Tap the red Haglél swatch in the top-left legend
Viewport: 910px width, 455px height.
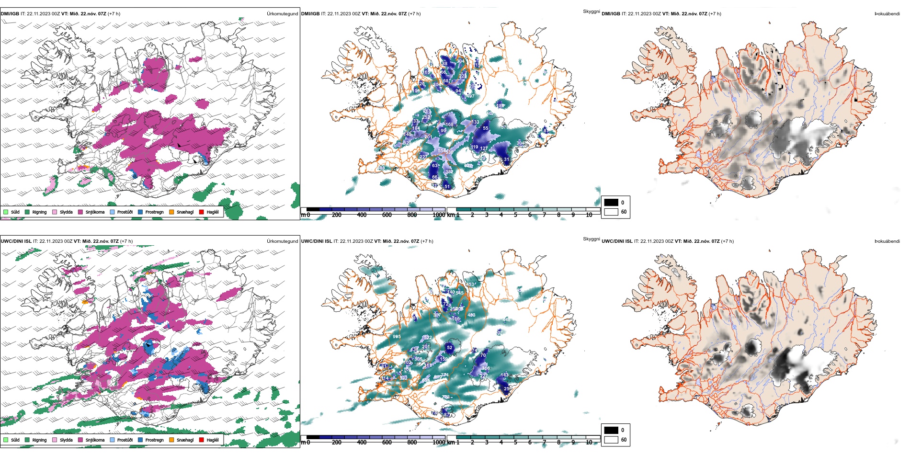tap(202, 212)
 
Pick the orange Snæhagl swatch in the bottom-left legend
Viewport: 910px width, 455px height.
tap(171, 440)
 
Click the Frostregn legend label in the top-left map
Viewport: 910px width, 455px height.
tap(154, 212)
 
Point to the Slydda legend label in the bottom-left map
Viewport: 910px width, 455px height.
tap(66, 440)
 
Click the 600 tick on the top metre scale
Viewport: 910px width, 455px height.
tap(387, 215)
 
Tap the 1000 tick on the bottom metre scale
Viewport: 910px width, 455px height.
tap(439, 443)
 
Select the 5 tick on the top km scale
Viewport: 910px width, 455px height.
tap(515, 215)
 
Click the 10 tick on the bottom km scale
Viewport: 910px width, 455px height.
tap(589, 443)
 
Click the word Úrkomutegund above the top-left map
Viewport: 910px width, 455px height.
tap(282, 14)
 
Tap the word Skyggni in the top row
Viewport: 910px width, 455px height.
tap(591, 11)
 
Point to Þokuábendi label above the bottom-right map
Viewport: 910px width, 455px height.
tap(887, 241)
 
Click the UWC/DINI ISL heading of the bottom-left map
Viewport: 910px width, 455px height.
tap(16, 241)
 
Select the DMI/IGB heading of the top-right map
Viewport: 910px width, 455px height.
tap(611, 14)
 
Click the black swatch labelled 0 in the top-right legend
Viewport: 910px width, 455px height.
tap(611, 203)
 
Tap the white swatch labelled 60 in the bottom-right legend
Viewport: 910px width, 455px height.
tap(611, 440)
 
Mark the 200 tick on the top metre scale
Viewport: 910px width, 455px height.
tap(337, 215)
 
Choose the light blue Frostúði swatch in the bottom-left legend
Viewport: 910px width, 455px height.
tap(113, 440)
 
